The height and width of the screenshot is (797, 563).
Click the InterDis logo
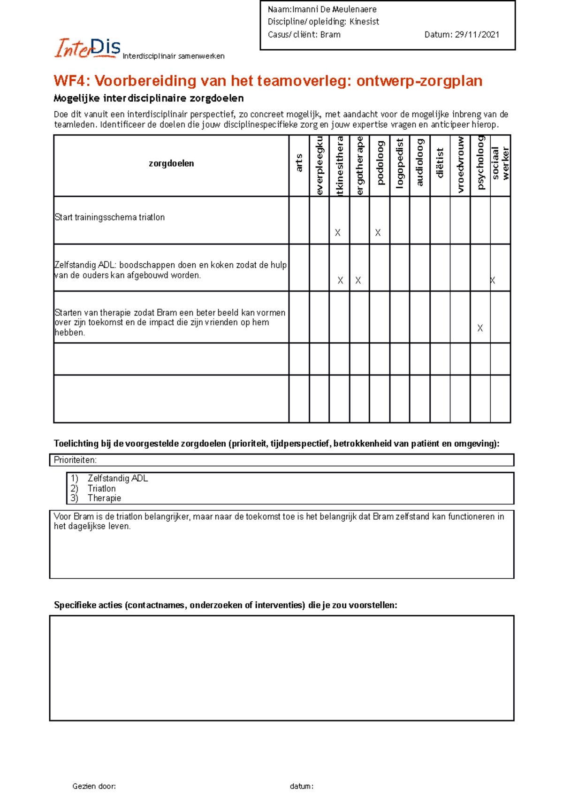pyautogui.click(x=88, y=48)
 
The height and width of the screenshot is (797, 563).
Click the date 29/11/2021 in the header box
pyautogui.click(x=477, y=34)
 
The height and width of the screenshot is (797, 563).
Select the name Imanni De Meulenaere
pyautogui.click(x=334, y=9)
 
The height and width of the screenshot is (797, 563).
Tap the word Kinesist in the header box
pyautogui.click(x=364, y=22)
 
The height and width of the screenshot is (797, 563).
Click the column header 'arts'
pyautogui.click(x=299, y=163)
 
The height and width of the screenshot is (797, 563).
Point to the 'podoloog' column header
pyautogui.click(x=380, y=163)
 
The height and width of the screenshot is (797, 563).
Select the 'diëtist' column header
pyautogui.click(x=440, y=163)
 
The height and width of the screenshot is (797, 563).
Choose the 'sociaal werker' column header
pyautogui.click(x=500, y=163)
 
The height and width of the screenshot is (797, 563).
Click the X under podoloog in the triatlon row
pyautogui.click(x=378, y=232)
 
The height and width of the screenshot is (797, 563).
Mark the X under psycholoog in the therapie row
pyautogui.click(x=480, y=328)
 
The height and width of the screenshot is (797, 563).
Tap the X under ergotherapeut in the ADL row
pyautogui.click(x=358, y=280)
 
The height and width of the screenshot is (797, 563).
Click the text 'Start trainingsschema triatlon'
pyautogui.click(x=110, y=217)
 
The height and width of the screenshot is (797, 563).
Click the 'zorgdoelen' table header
pyautogui.click(x=171, y=163)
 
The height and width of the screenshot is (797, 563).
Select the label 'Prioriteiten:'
pyautogui.click(x=75, y=460)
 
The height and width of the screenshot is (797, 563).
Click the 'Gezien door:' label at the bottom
pyautogui.click(x=94, y=786)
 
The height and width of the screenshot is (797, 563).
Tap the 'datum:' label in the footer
pyautogui.click(x=301, y=786)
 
